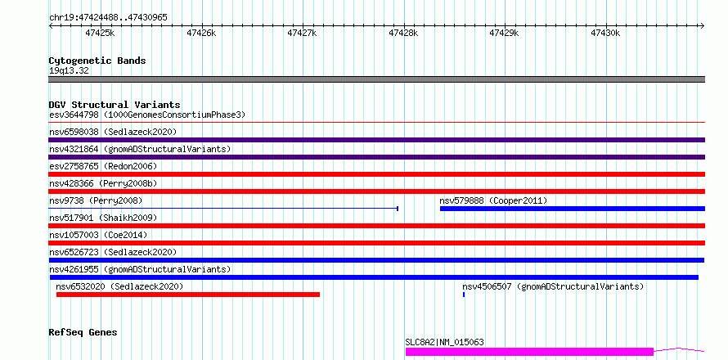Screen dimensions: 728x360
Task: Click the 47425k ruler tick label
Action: point(100,33)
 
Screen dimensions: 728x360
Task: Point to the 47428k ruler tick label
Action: point(403,33)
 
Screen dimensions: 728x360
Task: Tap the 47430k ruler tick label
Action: point(605,33)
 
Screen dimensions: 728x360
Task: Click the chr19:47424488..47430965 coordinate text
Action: point(108,18)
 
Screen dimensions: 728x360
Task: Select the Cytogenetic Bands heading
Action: point(97,61)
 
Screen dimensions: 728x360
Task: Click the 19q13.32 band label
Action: point(69,71)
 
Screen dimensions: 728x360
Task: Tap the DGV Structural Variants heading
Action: point(115,105)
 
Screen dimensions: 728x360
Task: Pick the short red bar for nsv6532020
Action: point(188,295)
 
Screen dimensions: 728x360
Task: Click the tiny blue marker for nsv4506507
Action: point(464,295)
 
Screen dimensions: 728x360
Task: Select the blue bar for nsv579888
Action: point(573,209)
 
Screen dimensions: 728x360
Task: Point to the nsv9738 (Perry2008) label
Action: point(96,200)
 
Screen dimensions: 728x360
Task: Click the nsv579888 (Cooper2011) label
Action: point(493,200)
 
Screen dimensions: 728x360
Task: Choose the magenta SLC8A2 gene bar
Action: point(529,352)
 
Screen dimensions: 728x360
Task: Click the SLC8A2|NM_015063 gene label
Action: point(444,342)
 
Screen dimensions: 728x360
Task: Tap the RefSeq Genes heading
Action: point(83,333)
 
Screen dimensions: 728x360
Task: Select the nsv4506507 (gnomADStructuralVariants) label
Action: point(554,286)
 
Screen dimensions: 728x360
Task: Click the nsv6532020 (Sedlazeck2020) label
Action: point(119,286)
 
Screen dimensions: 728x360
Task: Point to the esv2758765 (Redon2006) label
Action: point(103,166)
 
